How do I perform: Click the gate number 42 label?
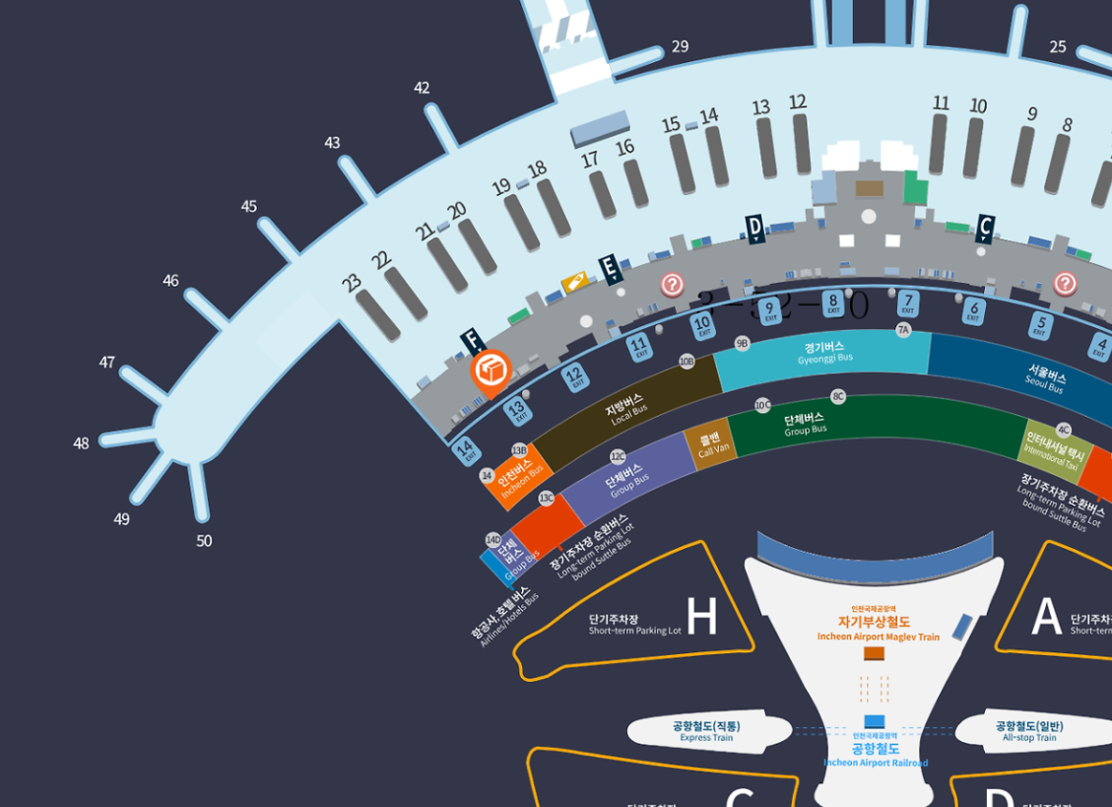(x=422, y=88)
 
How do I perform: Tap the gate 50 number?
(x=204, y=540)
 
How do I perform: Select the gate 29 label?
(x=680, y=46)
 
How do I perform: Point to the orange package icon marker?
(x=491, y=371)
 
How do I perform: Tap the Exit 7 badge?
(x=909, y=303)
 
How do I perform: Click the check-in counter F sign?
(x=472, y=342)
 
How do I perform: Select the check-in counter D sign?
(x=754, y=229)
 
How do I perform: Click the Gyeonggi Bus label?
(x=822, y=353)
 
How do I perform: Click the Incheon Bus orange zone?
(x=518, y=480)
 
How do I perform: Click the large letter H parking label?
(x=701, y=617)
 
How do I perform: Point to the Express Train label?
(x=706, y=731)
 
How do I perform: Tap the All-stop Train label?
(x=1029, y=731)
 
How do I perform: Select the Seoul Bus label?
(x=1044, y=381)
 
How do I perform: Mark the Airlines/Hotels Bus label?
(x=504, y=617)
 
